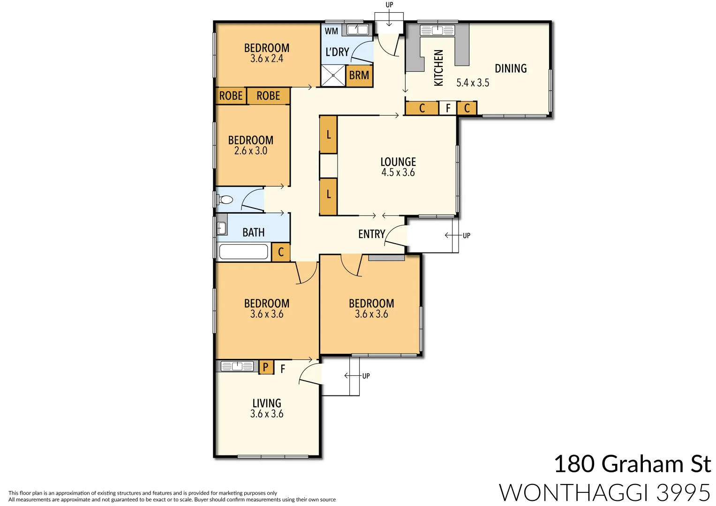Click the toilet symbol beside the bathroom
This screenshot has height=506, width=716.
pyautogui.click(x=226, y=200)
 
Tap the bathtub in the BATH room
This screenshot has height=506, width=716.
pyautogui.click(x=243, y=252)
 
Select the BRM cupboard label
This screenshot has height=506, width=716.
pyautogui.click(x=359, y=75)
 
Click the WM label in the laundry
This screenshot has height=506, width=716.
pyautogui.click(x=332, y=31)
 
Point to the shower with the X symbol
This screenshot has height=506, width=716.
pyautogui.click(x=333, y=75)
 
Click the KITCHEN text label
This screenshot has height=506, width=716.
pyautogui.click(x=438, y=68)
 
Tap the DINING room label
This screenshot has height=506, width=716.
pyautogui.click(x=511, y=68)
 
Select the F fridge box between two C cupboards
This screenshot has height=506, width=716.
pyautogui.click(x=448, y=108)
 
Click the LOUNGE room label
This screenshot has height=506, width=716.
pyautogui.click(x=398, y=162)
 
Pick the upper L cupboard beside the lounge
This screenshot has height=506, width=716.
pyautogui.click(x=328, y=135)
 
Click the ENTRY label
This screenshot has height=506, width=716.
pyautogui.click(x=371, y=234)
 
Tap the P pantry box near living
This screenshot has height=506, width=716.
pyautogui.click(x=266, y=367)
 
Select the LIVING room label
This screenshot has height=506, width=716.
pyautogui.click(x=267, y=403)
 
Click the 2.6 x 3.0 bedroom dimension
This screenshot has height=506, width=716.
pyautogui.click(x=251, y=151)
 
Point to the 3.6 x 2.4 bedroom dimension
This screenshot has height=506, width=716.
pyautogui.click(x=267, y=59)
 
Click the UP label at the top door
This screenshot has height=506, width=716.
pyautogui.click(x=389, y=5)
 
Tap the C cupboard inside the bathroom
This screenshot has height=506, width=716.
pyautogui.click(x=281, y=252)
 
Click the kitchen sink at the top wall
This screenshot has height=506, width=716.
pyautogui.click(x=437, y=31)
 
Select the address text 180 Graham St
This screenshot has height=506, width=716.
pyautogui.click(x=632, y=464)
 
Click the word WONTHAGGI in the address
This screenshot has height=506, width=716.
pyautogui.click(x=575, y=493)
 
